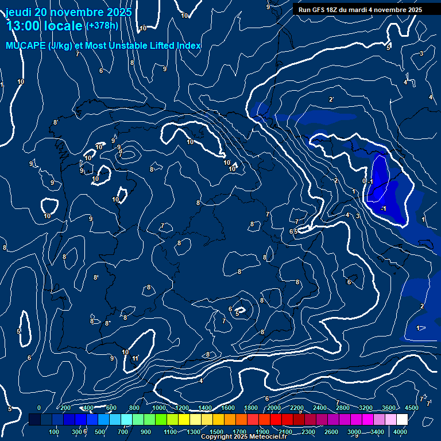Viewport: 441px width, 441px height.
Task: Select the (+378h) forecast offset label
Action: pos(102,25)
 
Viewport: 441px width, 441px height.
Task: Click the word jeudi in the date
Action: pos(19,12)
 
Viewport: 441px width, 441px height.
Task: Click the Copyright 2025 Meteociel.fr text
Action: pos(243,437)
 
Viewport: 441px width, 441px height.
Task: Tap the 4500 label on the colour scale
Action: pos(411,408)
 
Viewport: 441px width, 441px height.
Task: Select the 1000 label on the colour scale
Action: pos(159,408)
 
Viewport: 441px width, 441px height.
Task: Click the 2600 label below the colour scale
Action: pos(331,432)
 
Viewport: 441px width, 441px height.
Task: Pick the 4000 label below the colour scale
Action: pos(400,432)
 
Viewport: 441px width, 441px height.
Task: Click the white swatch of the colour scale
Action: pos(402,420)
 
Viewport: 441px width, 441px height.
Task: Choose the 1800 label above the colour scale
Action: pos(251,408)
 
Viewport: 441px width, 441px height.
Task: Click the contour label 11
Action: pos(136,359)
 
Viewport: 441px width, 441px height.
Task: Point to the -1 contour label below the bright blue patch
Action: pos(383,208)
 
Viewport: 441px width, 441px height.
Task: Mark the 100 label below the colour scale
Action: pos(55,432)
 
